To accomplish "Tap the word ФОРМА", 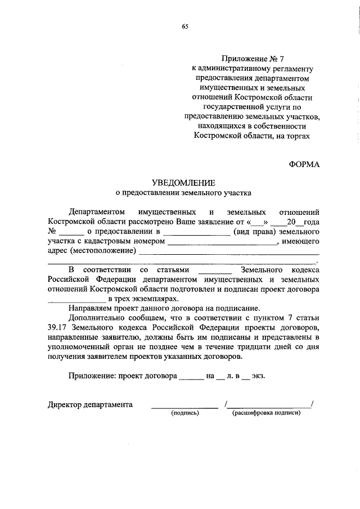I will (x=304, y=164).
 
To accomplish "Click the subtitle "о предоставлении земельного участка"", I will (x=183, y=192).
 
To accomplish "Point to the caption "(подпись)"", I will (x=185, y=413).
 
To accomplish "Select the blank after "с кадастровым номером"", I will (x=223, y=242).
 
